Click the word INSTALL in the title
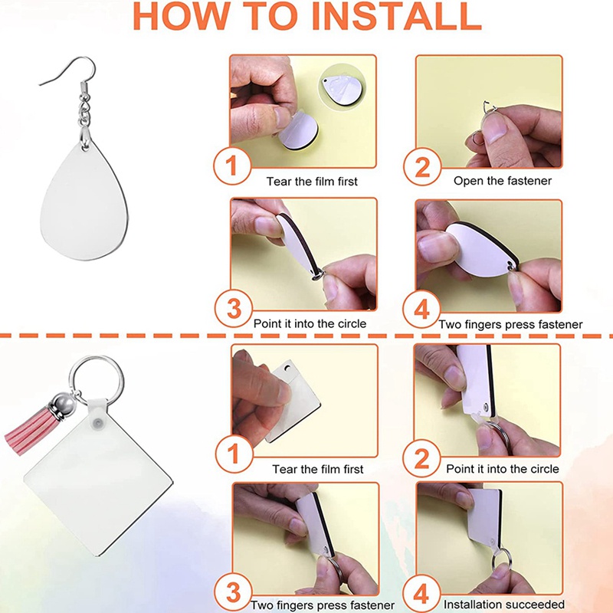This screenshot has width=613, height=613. click(396, 15)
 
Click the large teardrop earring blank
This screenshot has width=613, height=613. click(84, 199)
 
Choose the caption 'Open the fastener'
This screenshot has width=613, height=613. click(503, 181)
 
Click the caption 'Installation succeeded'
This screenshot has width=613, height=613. click(504, 605)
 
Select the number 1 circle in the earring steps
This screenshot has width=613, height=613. click(232, 166)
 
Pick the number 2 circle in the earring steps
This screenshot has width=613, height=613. click(422, 166)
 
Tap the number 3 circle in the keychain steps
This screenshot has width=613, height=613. click(234, 592)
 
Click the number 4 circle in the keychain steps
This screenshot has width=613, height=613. click(421, 593)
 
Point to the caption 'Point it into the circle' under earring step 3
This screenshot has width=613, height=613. click(310, 323)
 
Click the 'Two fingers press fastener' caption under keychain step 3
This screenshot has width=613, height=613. click(323, 605)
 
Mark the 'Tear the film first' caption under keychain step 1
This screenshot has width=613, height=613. click(318, 469)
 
